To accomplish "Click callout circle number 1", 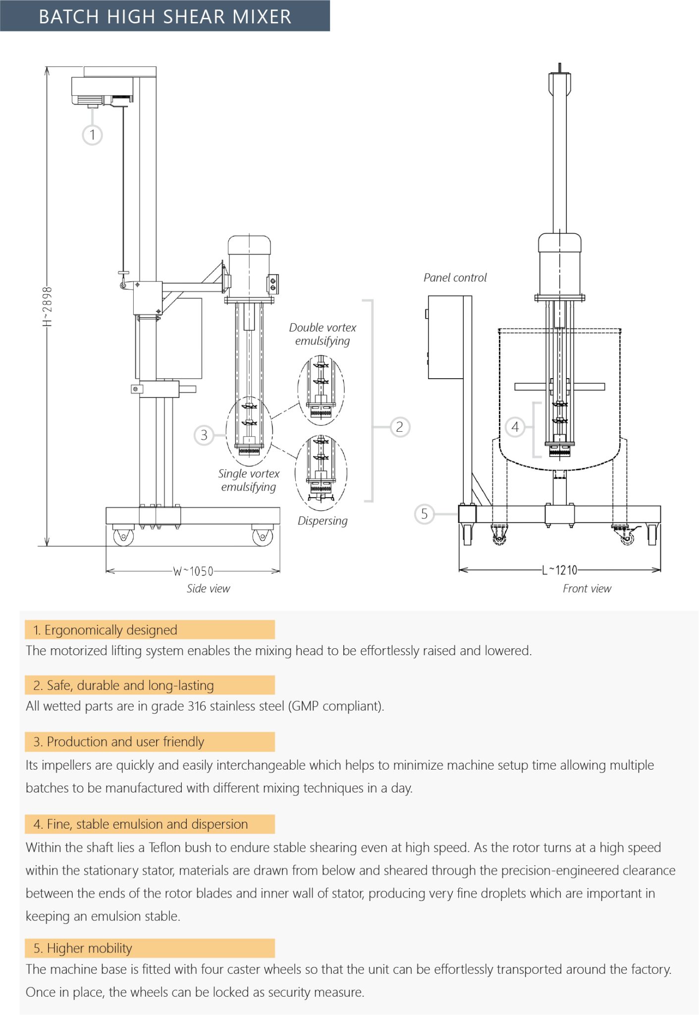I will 92,135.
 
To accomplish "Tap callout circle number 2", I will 400,427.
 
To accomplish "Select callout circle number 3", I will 204,435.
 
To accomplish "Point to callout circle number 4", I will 515,427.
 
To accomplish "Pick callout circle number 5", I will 424,514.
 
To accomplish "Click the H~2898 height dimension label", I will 47,306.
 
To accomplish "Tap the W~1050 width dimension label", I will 193,571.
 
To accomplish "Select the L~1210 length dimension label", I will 560,570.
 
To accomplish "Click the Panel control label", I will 455,278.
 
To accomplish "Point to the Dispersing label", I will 323,521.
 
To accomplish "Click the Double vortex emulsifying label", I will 323,334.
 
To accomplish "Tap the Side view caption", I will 208,589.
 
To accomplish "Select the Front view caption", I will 587,589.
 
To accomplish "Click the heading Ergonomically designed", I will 110,630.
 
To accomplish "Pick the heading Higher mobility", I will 89,948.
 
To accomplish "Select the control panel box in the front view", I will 446,337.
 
